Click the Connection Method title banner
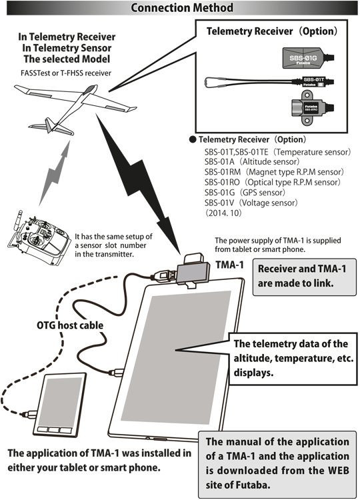[x=180, y=8]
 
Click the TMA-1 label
[x=229, y=265]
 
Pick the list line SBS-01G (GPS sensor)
[x=240, y=192]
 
